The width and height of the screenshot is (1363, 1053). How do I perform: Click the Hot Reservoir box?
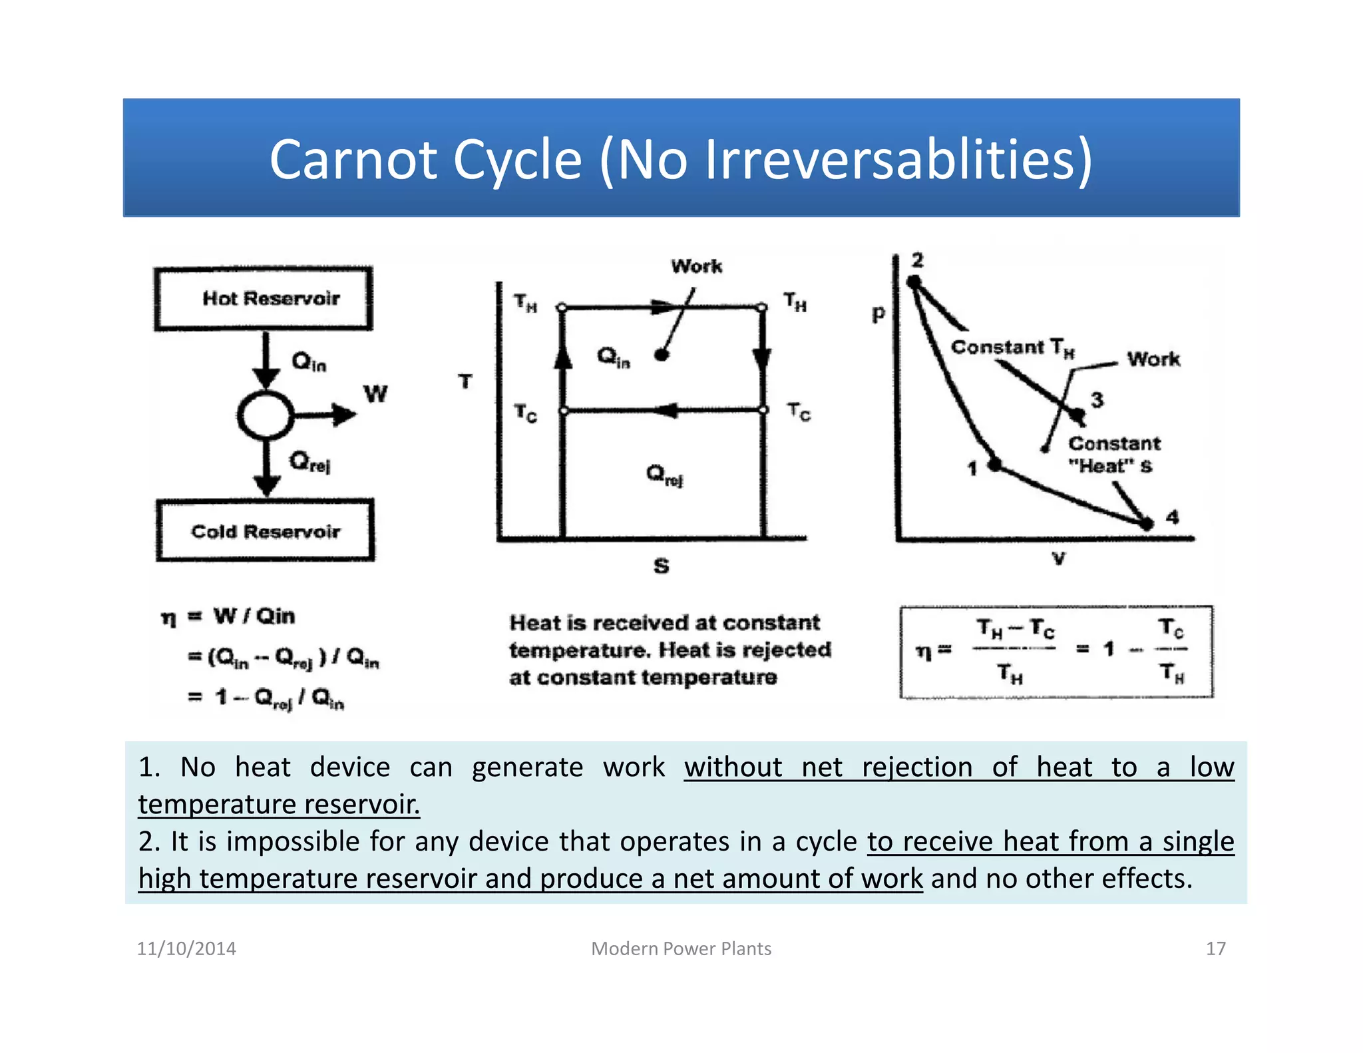pos(264,299)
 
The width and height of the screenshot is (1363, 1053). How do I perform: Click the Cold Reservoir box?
pos(265,531)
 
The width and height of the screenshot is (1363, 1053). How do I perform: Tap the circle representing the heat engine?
pos(265,415)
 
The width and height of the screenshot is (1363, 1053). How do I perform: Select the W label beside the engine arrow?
pos(375,394)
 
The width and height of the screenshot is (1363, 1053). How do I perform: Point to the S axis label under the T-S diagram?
pos(661,566)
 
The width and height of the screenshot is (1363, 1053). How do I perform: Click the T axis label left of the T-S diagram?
pos(465,381)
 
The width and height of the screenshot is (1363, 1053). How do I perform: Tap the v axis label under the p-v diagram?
pos(1058,558)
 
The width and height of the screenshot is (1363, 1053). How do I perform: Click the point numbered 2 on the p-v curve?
pos(914,282)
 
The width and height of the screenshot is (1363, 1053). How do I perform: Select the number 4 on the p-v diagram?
pos(1172,517)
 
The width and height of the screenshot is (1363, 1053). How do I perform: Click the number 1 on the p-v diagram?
pos(972,469)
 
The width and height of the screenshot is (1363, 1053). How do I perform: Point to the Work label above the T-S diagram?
pos(696,266)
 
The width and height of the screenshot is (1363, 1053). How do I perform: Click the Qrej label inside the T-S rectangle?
pos(664,475)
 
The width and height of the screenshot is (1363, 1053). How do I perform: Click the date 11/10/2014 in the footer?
pos(186,948)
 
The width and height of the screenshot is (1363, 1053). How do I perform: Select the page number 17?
pos(1215,948)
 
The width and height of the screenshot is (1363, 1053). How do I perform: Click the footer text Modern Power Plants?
pos(681,948)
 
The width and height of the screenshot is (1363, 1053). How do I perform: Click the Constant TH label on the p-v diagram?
pos(1012,347)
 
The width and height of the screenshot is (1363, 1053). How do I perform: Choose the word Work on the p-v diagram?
pos(1153,359)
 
